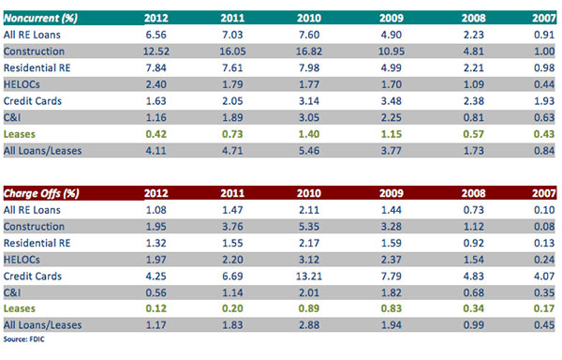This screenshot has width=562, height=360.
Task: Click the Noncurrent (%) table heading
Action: (x=40, y=18)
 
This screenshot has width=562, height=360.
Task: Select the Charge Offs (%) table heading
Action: (x=41, y=193)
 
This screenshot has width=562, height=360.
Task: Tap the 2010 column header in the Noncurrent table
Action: (x=309, y=18)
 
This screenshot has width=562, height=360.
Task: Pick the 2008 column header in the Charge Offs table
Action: (x=473, y=193)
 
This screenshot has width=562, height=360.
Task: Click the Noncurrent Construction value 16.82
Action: (x=309, y=52)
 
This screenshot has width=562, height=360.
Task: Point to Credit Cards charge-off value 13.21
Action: (x=309, y=277)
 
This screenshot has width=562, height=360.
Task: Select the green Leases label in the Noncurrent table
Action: (x=20, y=134)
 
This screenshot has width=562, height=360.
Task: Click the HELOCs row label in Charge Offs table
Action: (x=22, y=260)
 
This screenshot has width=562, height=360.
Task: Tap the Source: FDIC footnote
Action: (x=24, y=339)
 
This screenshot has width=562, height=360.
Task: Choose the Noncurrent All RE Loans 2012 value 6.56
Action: (x=155, y=35)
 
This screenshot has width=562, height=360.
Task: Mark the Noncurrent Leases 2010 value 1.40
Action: (x=309, y=134)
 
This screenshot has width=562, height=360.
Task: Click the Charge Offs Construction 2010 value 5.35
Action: (x=309, y=227)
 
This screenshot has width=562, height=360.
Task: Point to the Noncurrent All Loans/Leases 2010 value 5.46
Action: (x=309, y=151)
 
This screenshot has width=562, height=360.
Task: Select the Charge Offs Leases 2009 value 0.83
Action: (x=392, y=308)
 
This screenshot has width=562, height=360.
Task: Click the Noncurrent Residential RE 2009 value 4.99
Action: (x=392, y=67)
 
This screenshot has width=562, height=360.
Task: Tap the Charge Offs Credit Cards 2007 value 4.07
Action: (x=544, y=277)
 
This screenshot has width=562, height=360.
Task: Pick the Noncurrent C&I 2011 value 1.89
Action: (x=232, y=117)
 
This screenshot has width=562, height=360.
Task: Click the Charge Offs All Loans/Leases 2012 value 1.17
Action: (x=155, y=325)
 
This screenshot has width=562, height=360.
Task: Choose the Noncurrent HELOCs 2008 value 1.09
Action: (x=473, y=84)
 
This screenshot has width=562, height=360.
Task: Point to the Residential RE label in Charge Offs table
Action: (x=37, y=243)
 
